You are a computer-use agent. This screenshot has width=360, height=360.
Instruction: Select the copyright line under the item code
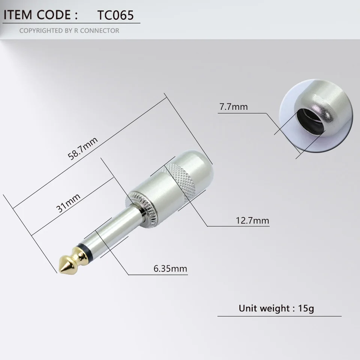click(69, 30)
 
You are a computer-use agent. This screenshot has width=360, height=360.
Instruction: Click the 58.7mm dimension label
click(82, 148)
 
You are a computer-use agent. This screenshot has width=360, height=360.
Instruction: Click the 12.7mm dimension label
click(252, 220)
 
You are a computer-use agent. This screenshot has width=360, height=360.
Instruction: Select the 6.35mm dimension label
click(170, 268)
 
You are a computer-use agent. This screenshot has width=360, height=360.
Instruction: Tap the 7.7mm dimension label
click(233, 106)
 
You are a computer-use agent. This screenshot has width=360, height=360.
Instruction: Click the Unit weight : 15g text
click(276, 309)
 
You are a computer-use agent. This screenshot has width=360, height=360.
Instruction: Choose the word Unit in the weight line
click(248, 309)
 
